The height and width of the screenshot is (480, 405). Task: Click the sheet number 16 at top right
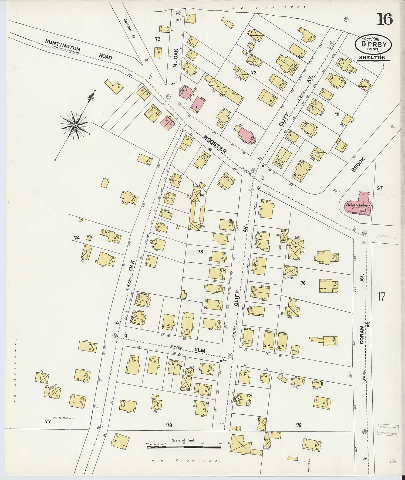[384, 19]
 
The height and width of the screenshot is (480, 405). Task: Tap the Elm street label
[200, 350]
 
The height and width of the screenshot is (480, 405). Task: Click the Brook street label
[358, 165]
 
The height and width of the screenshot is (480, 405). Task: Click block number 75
[200, 252]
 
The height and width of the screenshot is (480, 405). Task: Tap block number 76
[303, 283]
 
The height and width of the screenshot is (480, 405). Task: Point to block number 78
[169, 425]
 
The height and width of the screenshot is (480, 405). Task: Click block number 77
[48, 421]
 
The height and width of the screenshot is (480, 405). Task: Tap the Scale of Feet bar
[184, 447]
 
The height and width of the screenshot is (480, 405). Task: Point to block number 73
[157, 39]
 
